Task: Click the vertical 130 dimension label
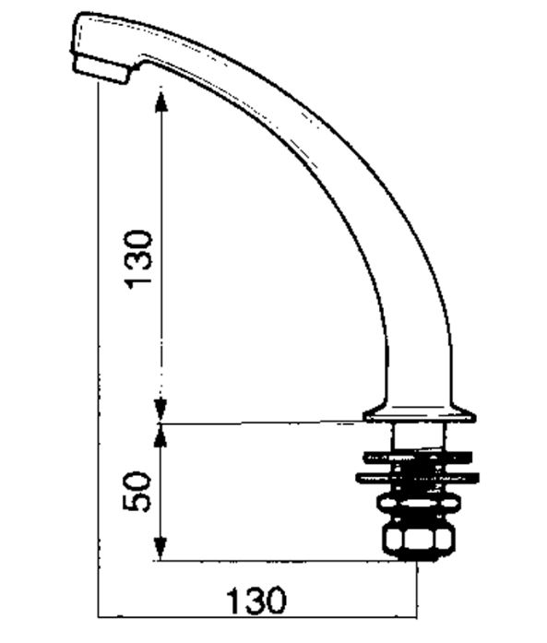(x=139, y=257)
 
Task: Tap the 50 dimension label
(x=137, y=491)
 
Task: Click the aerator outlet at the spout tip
(x=101, y=70)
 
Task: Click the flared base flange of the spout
(x=420, y=414)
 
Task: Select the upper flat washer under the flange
(x=420, y=455)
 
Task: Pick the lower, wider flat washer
(x=420, y=477)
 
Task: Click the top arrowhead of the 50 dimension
(x=162, y=435)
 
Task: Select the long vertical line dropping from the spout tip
(x=98, y=369)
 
